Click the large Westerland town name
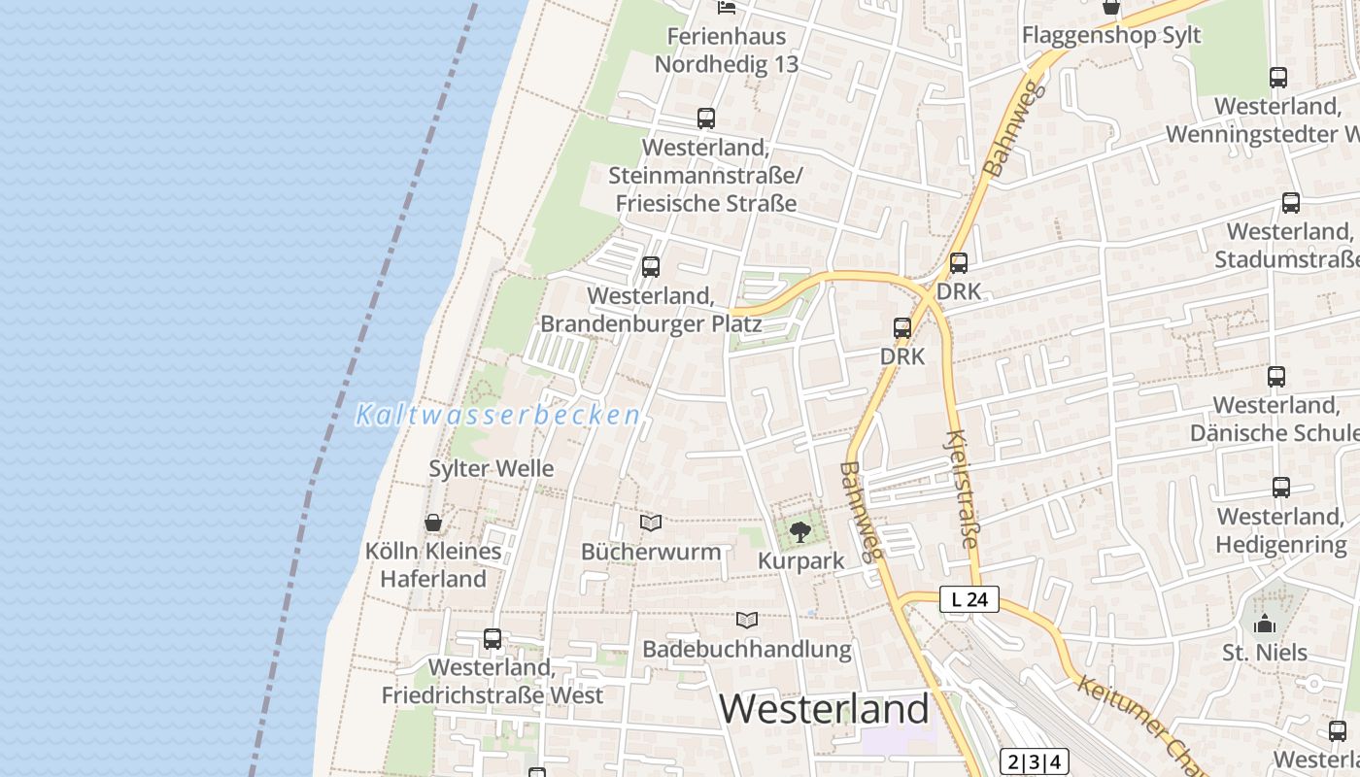coord(824,709)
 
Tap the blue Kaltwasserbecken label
coord(498,416)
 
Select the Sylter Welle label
coord(492,468)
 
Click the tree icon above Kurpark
coord(799,531)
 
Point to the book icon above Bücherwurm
coord(651,524)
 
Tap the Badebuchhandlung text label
coord(746,649)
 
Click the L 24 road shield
coord(969,600)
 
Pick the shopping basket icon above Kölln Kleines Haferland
coord(433,523)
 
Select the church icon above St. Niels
coord(1265,624)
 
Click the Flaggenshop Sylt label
coord(1111,36)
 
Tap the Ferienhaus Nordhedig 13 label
coord(727,51)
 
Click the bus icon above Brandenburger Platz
coord(651,266)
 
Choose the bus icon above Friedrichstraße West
coord(493,639)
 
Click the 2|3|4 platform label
coord(1034,761)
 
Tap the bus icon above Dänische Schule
coord(1276,377)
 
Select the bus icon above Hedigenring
coord(1281,488)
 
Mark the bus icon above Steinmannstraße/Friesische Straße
coord(706,118)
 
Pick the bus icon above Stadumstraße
coord(1291,203)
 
